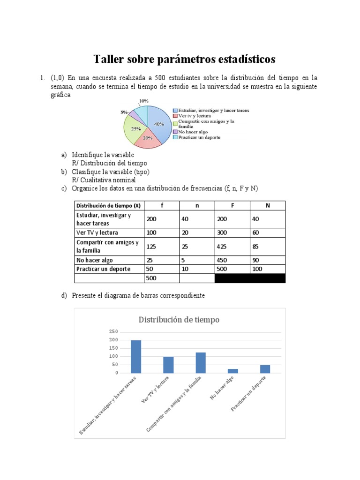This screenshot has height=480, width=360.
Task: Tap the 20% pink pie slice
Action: coord(148,139)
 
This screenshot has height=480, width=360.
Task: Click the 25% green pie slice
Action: coord(135,129)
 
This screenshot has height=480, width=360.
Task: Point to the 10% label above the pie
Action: coord(144,101)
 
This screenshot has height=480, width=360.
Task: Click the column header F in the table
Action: coord(232,205)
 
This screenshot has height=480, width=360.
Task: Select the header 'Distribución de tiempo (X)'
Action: coord(109,205)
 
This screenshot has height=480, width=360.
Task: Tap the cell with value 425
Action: coord(223,247)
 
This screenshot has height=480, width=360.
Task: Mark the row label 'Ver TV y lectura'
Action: coord(97,232)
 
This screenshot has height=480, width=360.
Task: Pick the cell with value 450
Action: coord(223,260)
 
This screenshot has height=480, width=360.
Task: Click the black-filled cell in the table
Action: coord(249,278)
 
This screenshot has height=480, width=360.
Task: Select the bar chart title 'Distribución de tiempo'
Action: coord(179,320)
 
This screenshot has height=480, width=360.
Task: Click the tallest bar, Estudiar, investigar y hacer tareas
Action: coord(136,357)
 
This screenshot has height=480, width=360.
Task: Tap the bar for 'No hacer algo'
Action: coord(233,371)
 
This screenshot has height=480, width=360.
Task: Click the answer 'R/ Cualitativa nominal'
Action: coord(104,180)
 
